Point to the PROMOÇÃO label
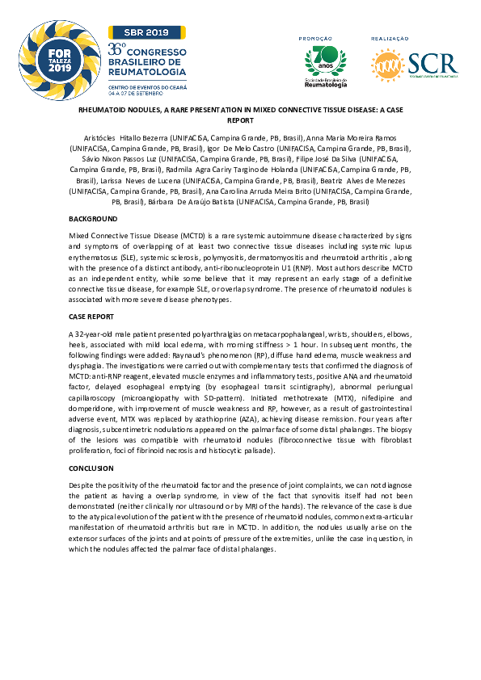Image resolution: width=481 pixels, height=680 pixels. pyautogui.click(x=316, y=38)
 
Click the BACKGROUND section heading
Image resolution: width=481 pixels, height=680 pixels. pyautogui.click(x=93, y=219)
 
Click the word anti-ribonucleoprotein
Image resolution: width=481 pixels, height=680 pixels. pyautogui.click(x=274, y=265)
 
